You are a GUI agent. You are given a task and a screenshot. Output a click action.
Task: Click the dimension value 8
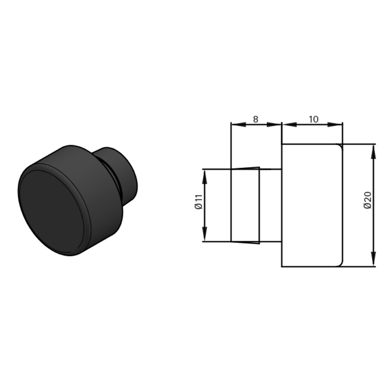(255, 119)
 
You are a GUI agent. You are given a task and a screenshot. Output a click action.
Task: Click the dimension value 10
(313, 119)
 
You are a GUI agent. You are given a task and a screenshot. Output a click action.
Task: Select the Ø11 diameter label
(199, 202)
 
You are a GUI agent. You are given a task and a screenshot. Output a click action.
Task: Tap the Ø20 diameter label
(368, 200)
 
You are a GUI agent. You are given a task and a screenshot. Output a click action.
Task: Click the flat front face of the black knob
(52, 212)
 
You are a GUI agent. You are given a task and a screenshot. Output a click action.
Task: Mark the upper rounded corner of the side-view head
(339, 146)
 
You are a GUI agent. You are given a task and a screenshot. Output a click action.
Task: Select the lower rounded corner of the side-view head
(339, 264)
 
